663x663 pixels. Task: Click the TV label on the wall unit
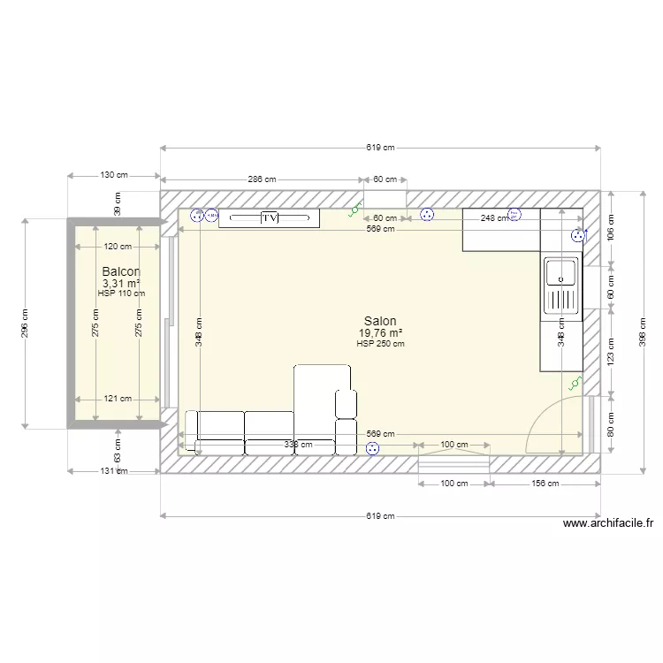coord(270,217)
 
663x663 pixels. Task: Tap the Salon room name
coord(380,321)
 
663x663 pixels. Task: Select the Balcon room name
coord(121,271)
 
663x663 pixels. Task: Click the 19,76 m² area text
coord(380,333)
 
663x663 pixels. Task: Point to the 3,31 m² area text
coord(121,283)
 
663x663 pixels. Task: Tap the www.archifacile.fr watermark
coord(607,523)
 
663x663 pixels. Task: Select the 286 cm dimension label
coord(262,179)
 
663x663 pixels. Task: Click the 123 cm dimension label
coord(611,351)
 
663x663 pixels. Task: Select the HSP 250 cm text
coord(380,344)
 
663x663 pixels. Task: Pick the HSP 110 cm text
coord(121,293)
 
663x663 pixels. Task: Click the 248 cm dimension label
coord(494,217)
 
